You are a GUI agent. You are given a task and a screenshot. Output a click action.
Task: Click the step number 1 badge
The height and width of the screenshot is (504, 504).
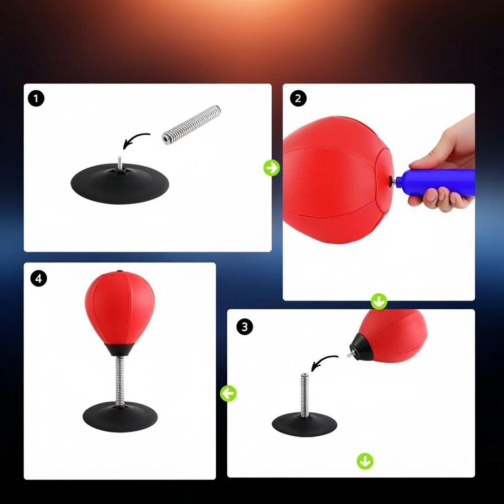click(x=36, y=99)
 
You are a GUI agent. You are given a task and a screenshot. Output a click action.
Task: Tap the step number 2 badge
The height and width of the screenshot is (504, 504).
click(x=298, y=99)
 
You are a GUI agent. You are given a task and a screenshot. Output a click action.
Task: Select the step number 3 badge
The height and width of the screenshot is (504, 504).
click(x=245, y=327)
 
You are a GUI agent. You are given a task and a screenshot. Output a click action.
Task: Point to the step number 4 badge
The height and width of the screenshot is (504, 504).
click(x=39, y=278)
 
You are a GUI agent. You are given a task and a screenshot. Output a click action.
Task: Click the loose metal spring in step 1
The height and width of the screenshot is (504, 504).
click(x=192, y=125)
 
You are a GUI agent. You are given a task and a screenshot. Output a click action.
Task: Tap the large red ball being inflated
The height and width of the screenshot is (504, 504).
click(x=334, y=179)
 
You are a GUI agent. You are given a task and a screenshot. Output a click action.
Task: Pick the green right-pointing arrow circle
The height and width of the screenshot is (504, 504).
click(x=272, y=168)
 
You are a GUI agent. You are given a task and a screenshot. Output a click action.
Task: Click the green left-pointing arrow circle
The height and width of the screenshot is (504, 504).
click(x=228, y=393)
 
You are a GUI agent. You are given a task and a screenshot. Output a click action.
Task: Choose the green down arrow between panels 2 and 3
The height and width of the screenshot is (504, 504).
click(x=379, y=301)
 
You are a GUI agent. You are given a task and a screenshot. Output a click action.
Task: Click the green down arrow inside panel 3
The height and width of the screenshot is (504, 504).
click(x=365, y=461)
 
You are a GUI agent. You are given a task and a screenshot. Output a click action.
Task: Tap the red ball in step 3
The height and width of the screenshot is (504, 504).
click(x=394, y=334)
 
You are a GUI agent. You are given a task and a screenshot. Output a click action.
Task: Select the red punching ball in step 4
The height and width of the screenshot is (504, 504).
click(x=120, y=305)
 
